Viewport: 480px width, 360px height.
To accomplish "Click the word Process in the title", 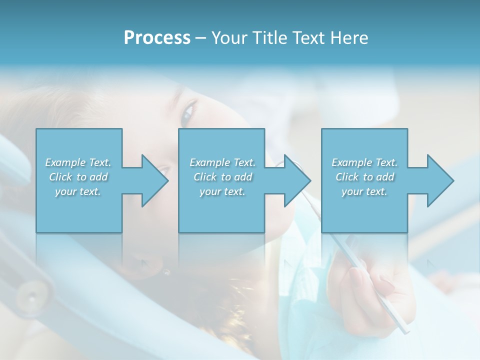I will pos(157,38).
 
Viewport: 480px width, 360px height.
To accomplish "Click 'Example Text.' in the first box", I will pos(78,162).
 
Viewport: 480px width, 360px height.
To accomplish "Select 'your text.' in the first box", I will pos(78,191).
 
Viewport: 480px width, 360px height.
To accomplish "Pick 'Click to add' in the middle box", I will pos(222,177).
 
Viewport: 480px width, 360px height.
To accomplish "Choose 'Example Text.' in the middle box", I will pos(222,162).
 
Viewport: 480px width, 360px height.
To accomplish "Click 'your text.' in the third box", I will pos(364,191).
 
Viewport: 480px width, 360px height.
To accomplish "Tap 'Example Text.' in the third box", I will pos(364,162).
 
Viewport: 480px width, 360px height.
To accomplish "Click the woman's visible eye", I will pos(188,111).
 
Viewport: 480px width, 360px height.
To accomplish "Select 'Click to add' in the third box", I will pos(364,177).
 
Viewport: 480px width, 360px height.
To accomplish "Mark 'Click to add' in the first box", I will pos(78,177).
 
